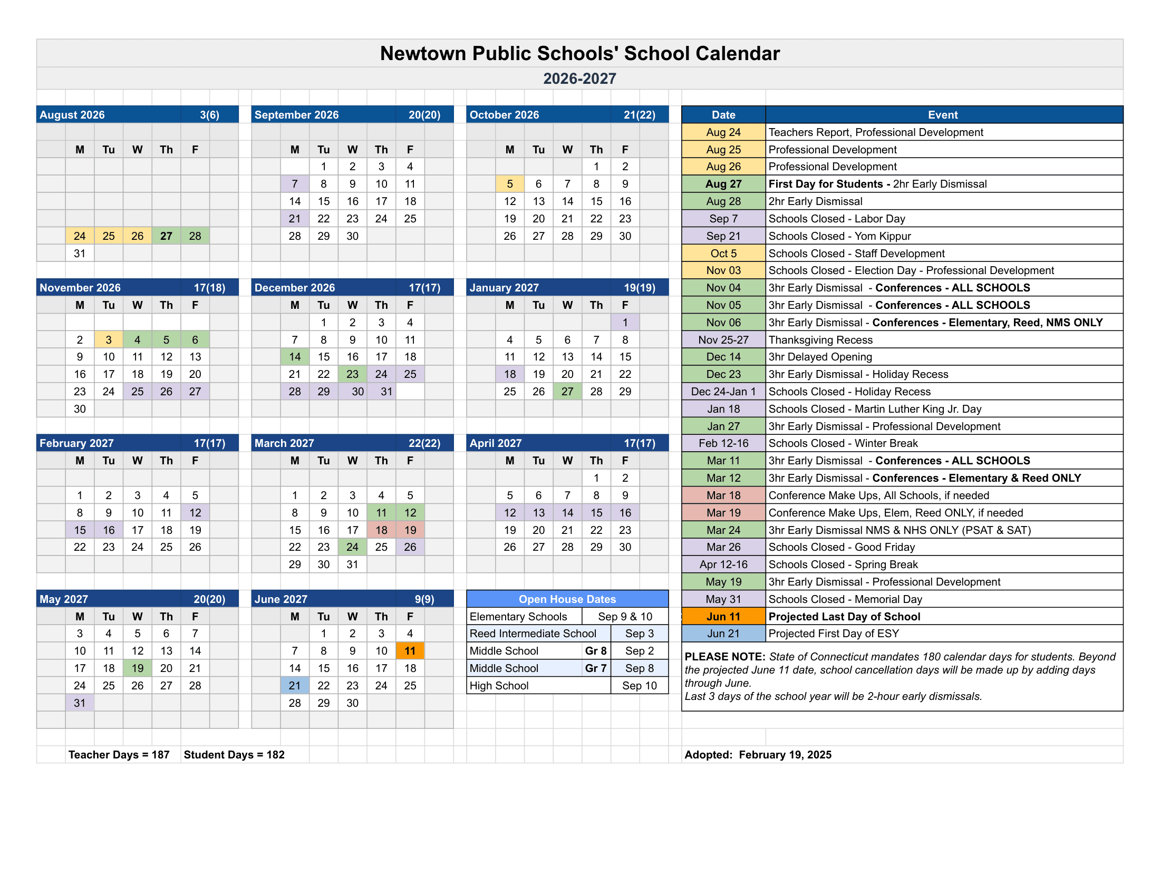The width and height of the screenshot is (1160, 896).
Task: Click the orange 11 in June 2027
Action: pyautogui.click(x=410, y=651)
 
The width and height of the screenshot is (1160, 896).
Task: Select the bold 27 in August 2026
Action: pyautogui.click(x=166, y=236)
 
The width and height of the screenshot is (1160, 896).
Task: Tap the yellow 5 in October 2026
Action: pyautogui.click(x=509, y=184)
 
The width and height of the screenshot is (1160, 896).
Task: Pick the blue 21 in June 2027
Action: pyautogui.click(x=295, y=685)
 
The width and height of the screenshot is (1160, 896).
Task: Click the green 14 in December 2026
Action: pyautogui.click(x=295, y=357)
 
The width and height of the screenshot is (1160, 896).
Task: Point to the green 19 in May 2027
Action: pyautogui.click(x=138, y=668)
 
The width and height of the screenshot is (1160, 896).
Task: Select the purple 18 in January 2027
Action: pyautogui.click(x=509, y=374)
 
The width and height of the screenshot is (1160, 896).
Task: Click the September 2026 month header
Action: pyautogui.click(x=296, y=115)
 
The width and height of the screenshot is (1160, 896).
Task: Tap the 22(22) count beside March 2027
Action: pyautogui.click(x=424, y=443)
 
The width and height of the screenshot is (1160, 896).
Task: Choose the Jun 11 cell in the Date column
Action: pyautogui.click(x=723, y=616)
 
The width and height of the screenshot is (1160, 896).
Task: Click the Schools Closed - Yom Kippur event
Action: pyautogui.click(x=839, y=236)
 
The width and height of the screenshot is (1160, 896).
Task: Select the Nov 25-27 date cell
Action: pyautogui.click(x=723, y=340)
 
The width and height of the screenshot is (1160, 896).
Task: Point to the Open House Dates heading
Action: pyautogui.click(x=567, y=599)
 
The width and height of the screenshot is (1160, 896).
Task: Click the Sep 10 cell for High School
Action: pyautogui.click(x=639, y=685)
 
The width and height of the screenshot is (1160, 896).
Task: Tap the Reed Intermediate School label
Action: pyautogui.click(x=533, y=634)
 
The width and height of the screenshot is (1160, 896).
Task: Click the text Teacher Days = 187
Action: pyautogui.click(x=119, y=755)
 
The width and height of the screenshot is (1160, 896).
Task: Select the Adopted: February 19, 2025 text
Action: pyautogui.click(x=757, y=755)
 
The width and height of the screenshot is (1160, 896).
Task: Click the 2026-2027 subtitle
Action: pyautogui.click(x=579, y=79)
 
